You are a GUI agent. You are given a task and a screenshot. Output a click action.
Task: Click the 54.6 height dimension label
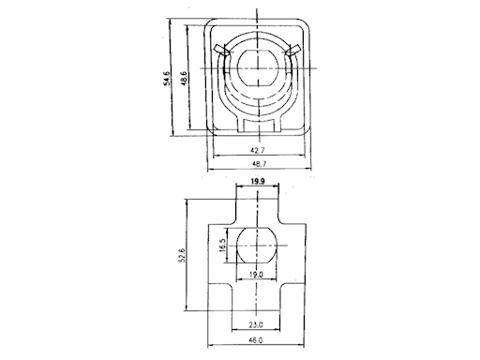tap(167, 78)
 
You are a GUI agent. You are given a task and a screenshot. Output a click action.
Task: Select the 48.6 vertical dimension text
tap(184, 78)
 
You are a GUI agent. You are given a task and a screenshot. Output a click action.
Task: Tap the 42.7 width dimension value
tap(258, 150)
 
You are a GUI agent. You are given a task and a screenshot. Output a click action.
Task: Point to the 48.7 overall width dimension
tap(259, 163)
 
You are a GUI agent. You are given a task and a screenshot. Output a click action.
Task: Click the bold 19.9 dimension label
tap(258, 181)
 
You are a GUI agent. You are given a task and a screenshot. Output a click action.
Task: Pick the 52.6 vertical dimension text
tap(183, 255)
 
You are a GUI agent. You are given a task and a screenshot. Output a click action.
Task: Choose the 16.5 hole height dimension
tap(222, 246)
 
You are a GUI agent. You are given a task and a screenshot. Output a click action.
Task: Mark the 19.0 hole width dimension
tap(256, 275)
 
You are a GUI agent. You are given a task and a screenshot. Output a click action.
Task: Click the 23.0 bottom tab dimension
tap(256, 325)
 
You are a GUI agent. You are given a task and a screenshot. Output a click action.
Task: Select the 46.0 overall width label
tap(256, 340)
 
